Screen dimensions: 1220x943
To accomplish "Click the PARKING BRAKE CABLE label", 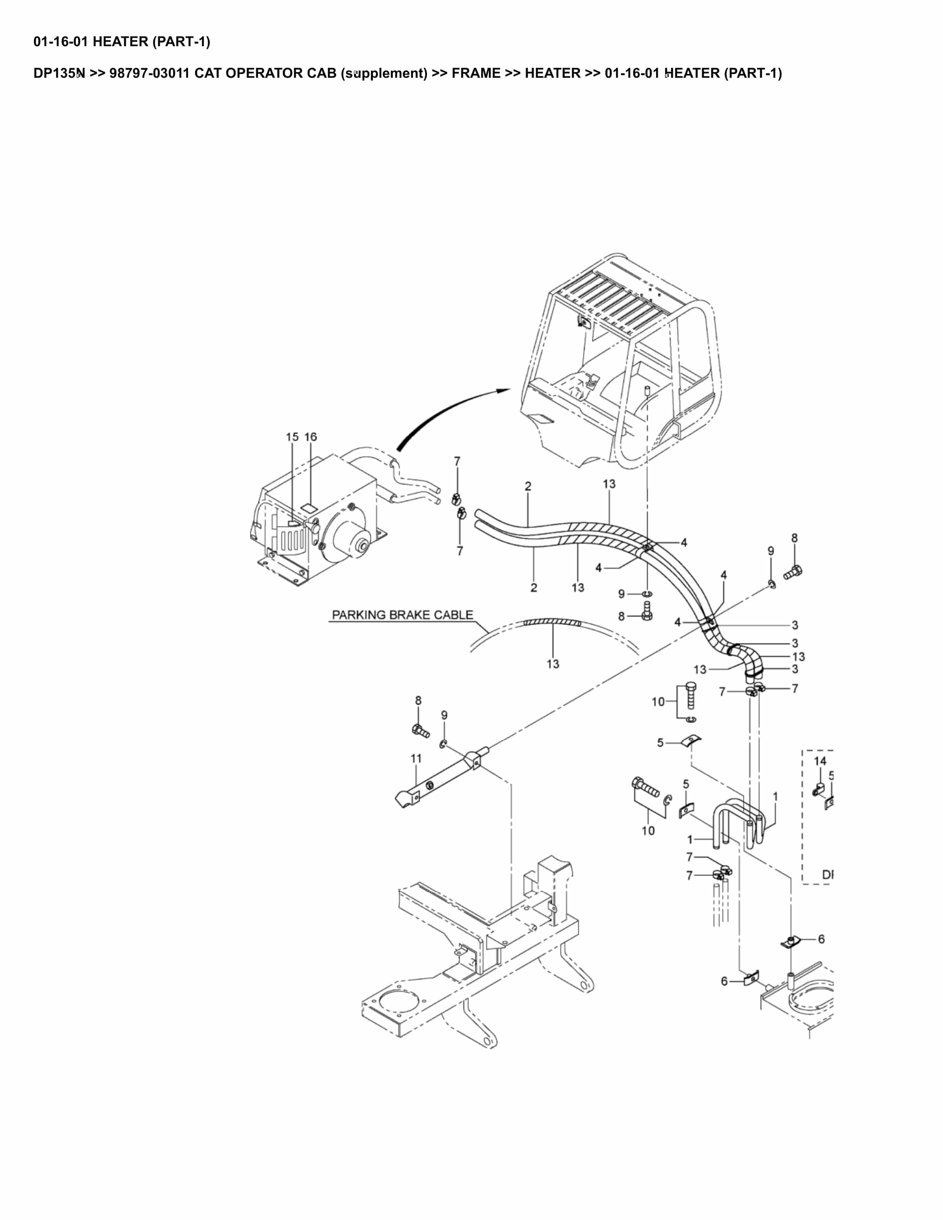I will [402, 615].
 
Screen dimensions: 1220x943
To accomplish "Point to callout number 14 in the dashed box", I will [819, 761].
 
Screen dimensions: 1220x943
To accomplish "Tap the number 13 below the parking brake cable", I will [552, 664].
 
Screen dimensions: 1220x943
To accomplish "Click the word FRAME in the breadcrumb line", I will [476, 73].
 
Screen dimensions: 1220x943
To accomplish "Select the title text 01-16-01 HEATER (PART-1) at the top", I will [122, 41].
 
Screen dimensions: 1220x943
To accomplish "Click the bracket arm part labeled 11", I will [441, 776].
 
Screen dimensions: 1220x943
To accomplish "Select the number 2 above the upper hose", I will [528, 486].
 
